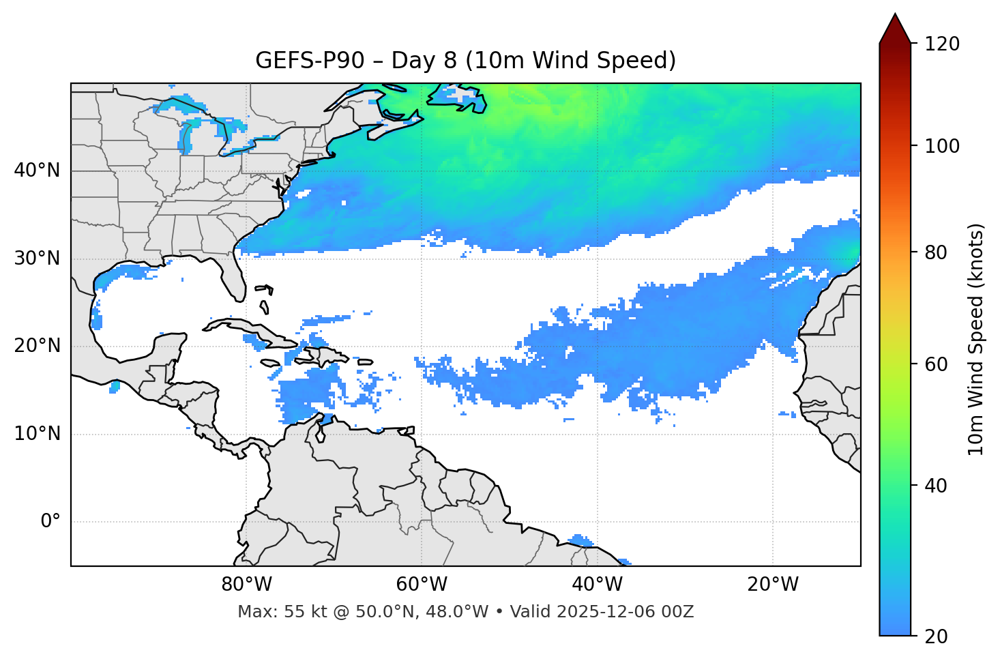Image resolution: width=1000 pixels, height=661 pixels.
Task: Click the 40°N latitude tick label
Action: point(37,171)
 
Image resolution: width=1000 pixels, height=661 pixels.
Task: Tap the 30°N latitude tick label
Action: point(37,259)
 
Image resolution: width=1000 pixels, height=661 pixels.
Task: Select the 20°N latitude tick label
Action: point(37,346)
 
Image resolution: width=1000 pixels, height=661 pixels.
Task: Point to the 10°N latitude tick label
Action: point(37,434)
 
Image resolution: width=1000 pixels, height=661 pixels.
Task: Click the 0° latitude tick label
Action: point(50,522)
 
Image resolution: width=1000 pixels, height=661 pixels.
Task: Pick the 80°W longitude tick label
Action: point(246,585)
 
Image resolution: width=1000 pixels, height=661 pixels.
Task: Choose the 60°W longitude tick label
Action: point(422,585)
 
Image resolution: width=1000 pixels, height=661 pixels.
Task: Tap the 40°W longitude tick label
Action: point(597,585)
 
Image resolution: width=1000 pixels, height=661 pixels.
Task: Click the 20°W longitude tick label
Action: point(772,585)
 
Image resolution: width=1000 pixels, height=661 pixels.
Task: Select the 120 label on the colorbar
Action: point(941,44)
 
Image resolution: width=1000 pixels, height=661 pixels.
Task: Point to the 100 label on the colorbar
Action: point(941,146)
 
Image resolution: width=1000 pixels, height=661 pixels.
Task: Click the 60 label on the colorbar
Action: point(937,364)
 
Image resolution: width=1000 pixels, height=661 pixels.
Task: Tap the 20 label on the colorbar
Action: point(937,636)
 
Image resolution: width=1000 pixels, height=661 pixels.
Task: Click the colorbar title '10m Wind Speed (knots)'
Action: point(976,339)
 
